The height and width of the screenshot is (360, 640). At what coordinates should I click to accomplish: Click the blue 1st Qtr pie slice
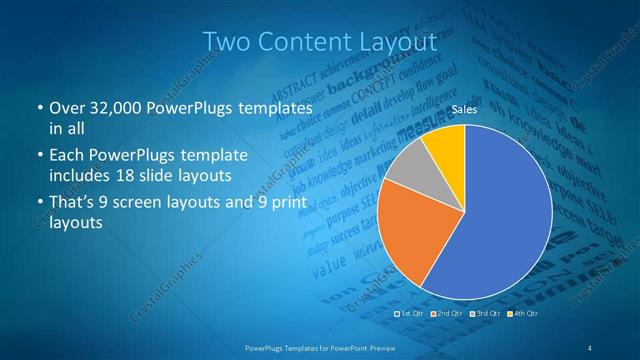pos(500,220)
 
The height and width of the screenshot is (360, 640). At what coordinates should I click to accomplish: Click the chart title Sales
pos(464,108)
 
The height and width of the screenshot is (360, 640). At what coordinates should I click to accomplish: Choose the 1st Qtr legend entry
pos(411,314)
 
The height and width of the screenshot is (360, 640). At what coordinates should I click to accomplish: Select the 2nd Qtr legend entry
pos(448,314)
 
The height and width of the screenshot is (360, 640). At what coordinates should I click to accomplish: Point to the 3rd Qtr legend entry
pos(485,314)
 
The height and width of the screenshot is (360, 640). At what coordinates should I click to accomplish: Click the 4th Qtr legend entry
pos(522,314)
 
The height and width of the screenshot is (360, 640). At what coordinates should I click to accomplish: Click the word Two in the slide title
pos(224,42)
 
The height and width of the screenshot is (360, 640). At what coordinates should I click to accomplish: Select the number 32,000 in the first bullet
pos(108,107)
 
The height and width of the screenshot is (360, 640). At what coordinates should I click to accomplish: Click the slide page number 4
pos(590,347)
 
